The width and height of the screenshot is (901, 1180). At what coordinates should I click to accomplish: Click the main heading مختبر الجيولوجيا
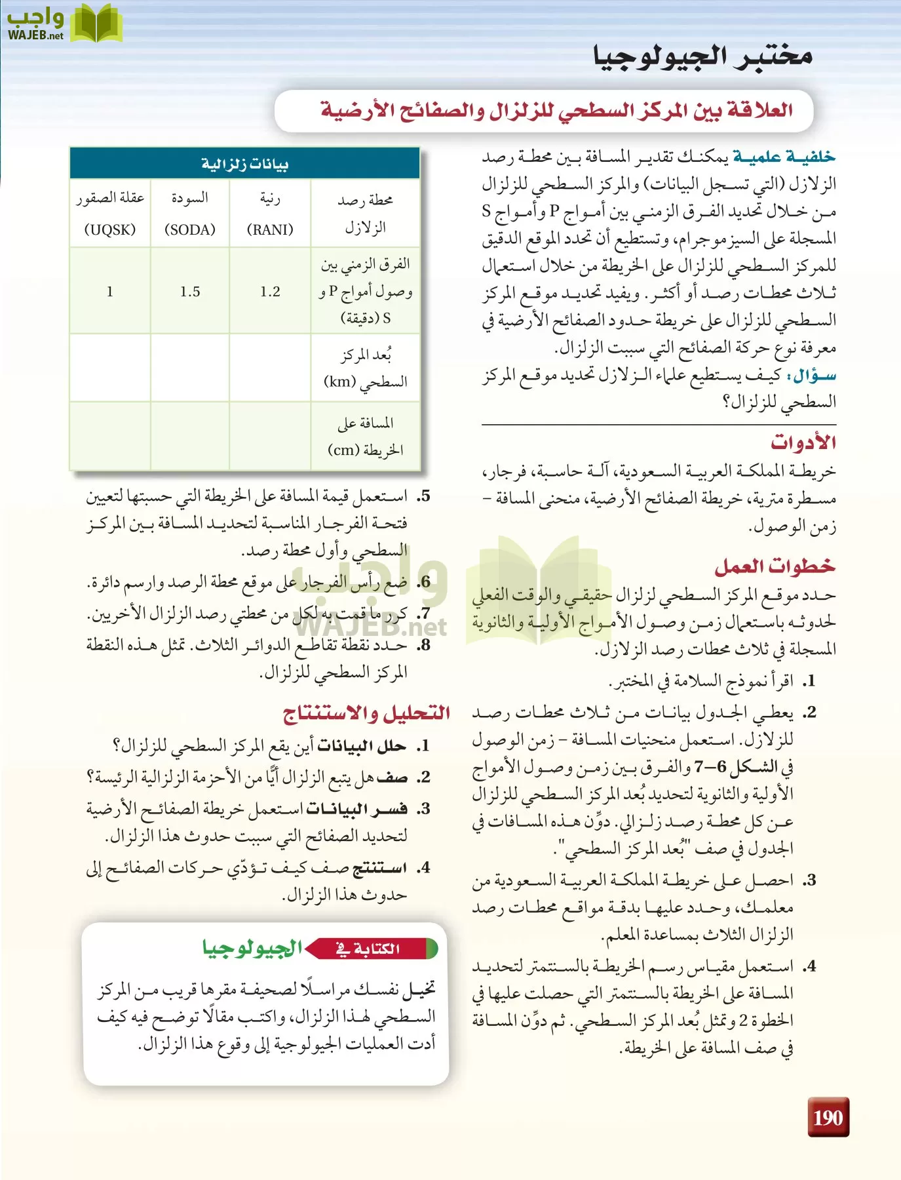tap(703, 56)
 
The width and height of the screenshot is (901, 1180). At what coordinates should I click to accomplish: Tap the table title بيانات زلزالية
tap(244, 164)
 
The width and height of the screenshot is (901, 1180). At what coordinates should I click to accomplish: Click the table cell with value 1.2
tap(270, 292)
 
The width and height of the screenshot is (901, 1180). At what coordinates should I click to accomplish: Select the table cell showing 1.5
tap(190, 292)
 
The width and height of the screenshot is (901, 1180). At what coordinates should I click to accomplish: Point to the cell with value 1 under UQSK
tap(110, 292)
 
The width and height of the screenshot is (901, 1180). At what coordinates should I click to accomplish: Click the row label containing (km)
tap(366, 368)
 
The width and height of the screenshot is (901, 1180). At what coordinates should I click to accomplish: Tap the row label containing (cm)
tap(366, 437)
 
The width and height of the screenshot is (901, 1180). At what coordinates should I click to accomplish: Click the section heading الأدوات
tap(803, 442)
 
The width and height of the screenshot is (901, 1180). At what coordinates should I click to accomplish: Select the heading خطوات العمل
tap(775, 566)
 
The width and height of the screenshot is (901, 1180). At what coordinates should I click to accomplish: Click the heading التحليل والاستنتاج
tap(366, 713)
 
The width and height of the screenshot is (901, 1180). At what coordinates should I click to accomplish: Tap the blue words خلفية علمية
tap(784, 157)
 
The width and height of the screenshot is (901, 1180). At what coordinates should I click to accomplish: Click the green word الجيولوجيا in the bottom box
tap(252, 948)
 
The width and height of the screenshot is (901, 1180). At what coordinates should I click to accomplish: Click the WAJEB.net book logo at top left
tap(66, 24)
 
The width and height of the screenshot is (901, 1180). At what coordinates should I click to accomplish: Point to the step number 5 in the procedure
tap(424, 496)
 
